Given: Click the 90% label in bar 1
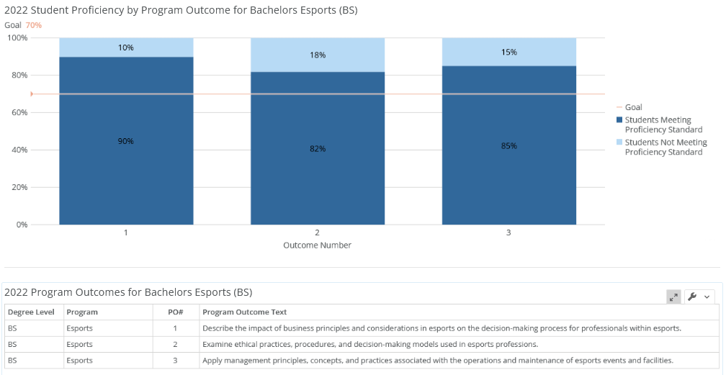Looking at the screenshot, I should [x=126, y=141].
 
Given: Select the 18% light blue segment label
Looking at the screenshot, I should [x=318, y=55].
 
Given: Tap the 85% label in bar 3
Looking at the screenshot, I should [x=509, y=145].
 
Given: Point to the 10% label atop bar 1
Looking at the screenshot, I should [x=126, y=48].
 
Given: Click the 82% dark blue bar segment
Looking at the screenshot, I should [x=318, y=173].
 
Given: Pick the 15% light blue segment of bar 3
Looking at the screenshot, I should [x=509, y=52].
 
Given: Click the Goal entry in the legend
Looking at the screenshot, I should [x=633, y=107].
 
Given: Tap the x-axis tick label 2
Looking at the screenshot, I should [x=318, y=233].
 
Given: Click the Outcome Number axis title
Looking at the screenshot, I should [x=318, y=245].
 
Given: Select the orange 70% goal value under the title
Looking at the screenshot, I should [x=34, y=25].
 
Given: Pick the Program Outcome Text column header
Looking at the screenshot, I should [x=244, y=312].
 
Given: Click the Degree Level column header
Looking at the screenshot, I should [x=31, y=312].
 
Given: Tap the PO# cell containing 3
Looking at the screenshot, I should [x=175, y=361].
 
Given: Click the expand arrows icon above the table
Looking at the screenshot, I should [x=673, y=297].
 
